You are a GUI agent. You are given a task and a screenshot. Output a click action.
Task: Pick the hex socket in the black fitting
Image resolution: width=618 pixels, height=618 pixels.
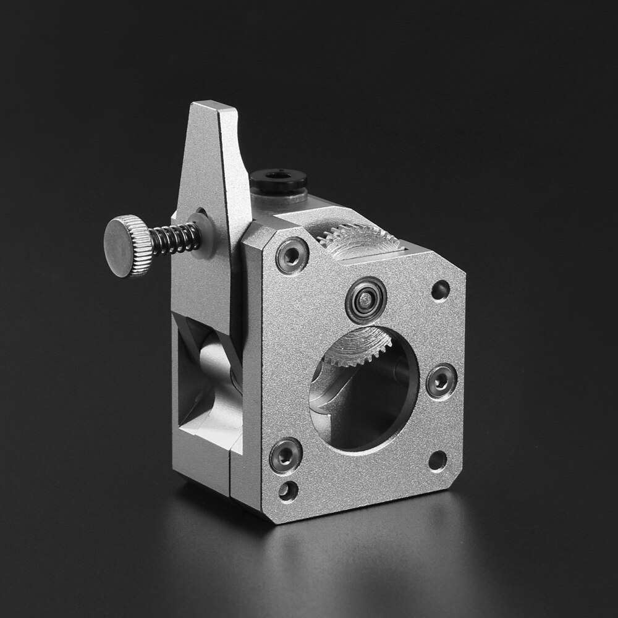coord(279,177)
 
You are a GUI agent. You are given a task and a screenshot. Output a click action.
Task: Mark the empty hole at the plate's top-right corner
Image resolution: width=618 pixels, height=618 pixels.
coord(440,289)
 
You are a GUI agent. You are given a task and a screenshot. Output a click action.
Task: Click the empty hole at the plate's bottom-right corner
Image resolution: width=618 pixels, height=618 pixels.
coord(437,460)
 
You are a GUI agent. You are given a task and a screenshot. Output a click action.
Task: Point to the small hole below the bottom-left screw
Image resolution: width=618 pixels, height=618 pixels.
coord(286,491)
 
